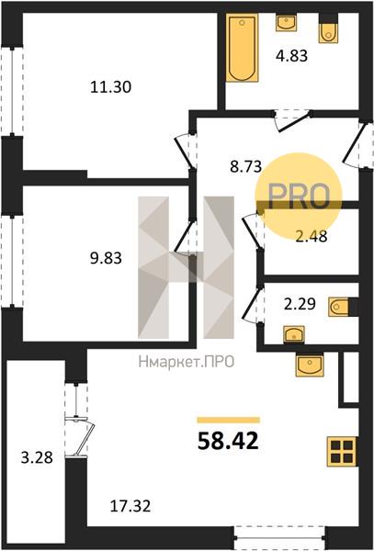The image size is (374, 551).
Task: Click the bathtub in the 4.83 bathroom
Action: pyautogui.click(x=242, y=48)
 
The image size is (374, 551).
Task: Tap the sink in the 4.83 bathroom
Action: pyautogui.click(x=286, y=23)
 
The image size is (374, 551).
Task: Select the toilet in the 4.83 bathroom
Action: pyautogui.click(x=329, y=29)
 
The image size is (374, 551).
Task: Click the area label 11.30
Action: pyautogui.click(x=110, y=86)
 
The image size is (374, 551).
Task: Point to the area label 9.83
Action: pyautogui.click(x=107, y=258)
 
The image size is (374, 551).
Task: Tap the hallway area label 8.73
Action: pyautogui.click(x=245, y=166)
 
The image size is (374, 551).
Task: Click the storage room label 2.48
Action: pyautogui.click(x=312, y=237)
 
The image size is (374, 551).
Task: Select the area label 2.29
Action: pyautogui.click(x=300, y=304)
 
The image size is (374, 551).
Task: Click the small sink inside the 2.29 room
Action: pyautogui.click(x=294, y=334)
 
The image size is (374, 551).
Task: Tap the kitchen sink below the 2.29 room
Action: pyautogui.click(x=310, y=365)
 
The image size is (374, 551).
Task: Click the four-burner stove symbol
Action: pyautogui.click(x=342, y=451)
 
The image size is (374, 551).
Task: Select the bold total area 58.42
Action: pyautogui.click(x=228, y=441)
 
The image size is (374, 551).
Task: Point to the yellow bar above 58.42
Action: pyautogui.click(x=229, y=420)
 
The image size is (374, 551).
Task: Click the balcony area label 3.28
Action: pyautogui.click(x=37, y=457)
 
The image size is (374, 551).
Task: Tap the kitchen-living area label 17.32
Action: pyautogui.click(x=130, y=506)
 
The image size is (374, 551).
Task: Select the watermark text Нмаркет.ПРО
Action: pyautogui.click(x=187, y=362)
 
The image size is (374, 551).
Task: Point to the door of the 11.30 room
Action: pyautogui.click(x=186, y=152)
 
